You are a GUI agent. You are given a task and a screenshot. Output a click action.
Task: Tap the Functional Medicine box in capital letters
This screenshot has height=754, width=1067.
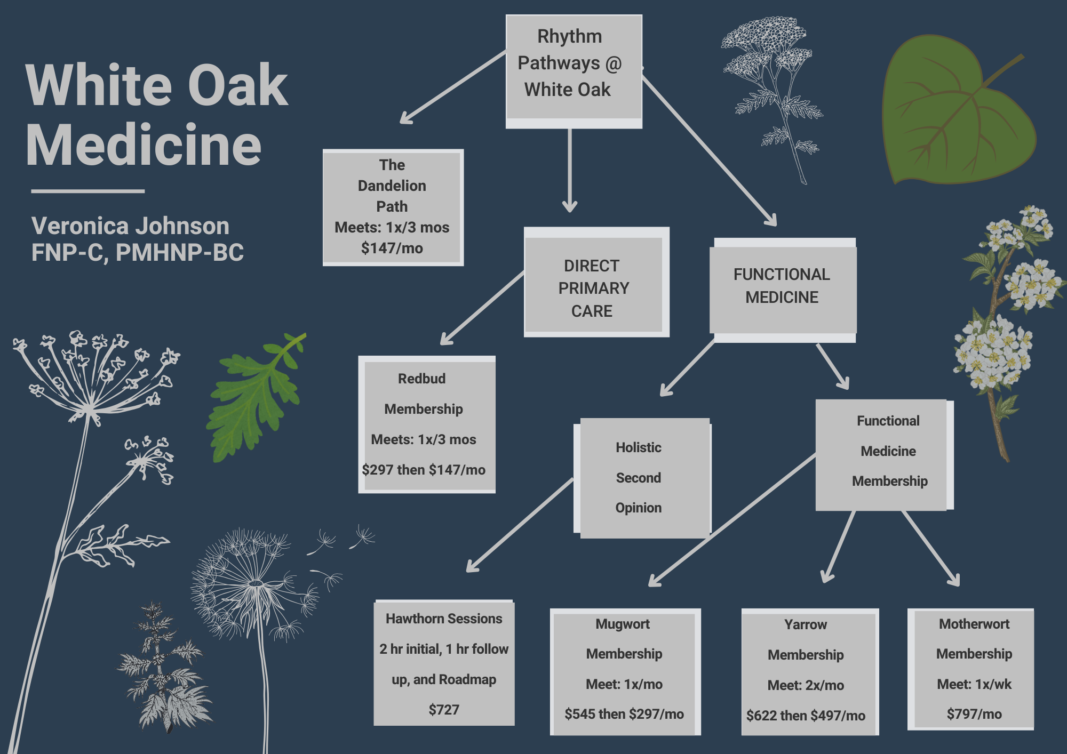[782, 286]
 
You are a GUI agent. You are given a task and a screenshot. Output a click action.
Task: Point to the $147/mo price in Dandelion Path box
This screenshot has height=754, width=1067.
[392, 248]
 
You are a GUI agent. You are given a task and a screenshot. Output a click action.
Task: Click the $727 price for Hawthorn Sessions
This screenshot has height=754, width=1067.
[444, 710]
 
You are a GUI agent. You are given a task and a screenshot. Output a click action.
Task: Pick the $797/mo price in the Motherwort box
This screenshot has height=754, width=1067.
[974, 714]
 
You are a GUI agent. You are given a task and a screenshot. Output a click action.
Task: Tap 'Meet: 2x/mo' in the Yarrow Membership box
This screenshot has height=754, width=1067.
[806, 685]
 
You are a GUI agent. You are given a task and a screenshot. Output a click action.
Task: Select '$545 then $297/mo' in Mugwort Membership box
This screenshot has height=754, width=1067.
[624, 714]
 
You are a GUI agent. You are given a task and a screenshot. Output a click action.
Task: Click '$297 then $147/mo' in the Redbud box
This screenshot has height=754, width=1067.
[424, 470]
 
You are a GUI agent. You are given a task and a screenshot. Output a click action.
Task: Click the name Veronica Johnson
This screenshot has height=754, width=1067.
[130, 226]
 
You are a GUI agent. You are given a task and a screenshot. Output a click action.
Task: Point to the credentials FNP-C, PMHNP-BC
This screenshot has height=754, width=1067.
[137, 253]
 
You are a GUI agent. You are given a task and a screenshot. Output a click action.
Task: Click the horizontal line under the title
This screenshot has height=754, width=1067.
[87, 191]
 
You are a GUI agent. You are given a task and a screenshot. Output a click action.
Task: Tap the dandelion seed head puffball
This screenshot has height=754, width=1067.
[251, 581]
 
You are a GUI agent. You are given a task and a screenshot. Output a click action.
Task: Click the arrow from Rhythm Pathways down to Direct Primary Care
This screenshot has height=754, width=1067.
[570, 171]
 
